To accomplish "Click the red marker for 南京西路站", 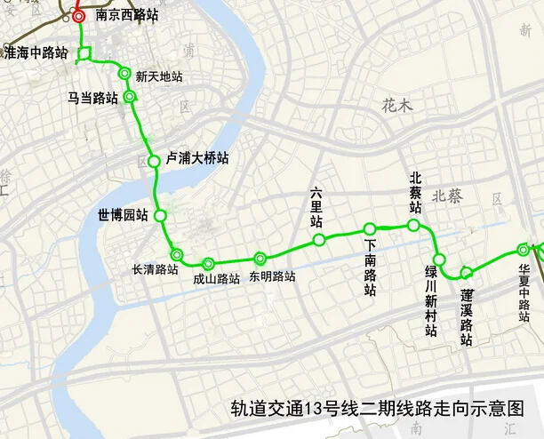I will pos(78,15).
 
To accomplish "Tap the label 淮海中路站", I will pos(36,53).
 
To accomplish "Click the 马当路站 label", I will pos(92,98).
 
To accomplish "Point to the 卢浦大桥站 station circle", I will pos(153,161).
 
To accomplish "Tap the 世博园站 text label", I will pos(124,215).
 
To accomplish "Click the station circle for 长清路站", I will pos(177,254).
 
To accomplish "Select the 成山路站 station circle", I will pos(208,263).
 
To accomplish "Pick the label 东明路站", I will pos(273,275).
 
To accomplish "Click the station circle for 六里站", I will pos(318,240).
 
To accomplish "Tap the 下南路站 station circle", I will pos(369,229).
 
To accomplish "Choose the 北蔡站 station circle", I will pos(413,226).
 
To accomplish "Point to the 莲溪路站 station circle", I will pos(466,272).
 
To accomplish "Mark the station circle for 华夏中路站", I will pos(524,251).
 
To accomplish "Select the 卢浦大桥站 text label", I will pos(198,158).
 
